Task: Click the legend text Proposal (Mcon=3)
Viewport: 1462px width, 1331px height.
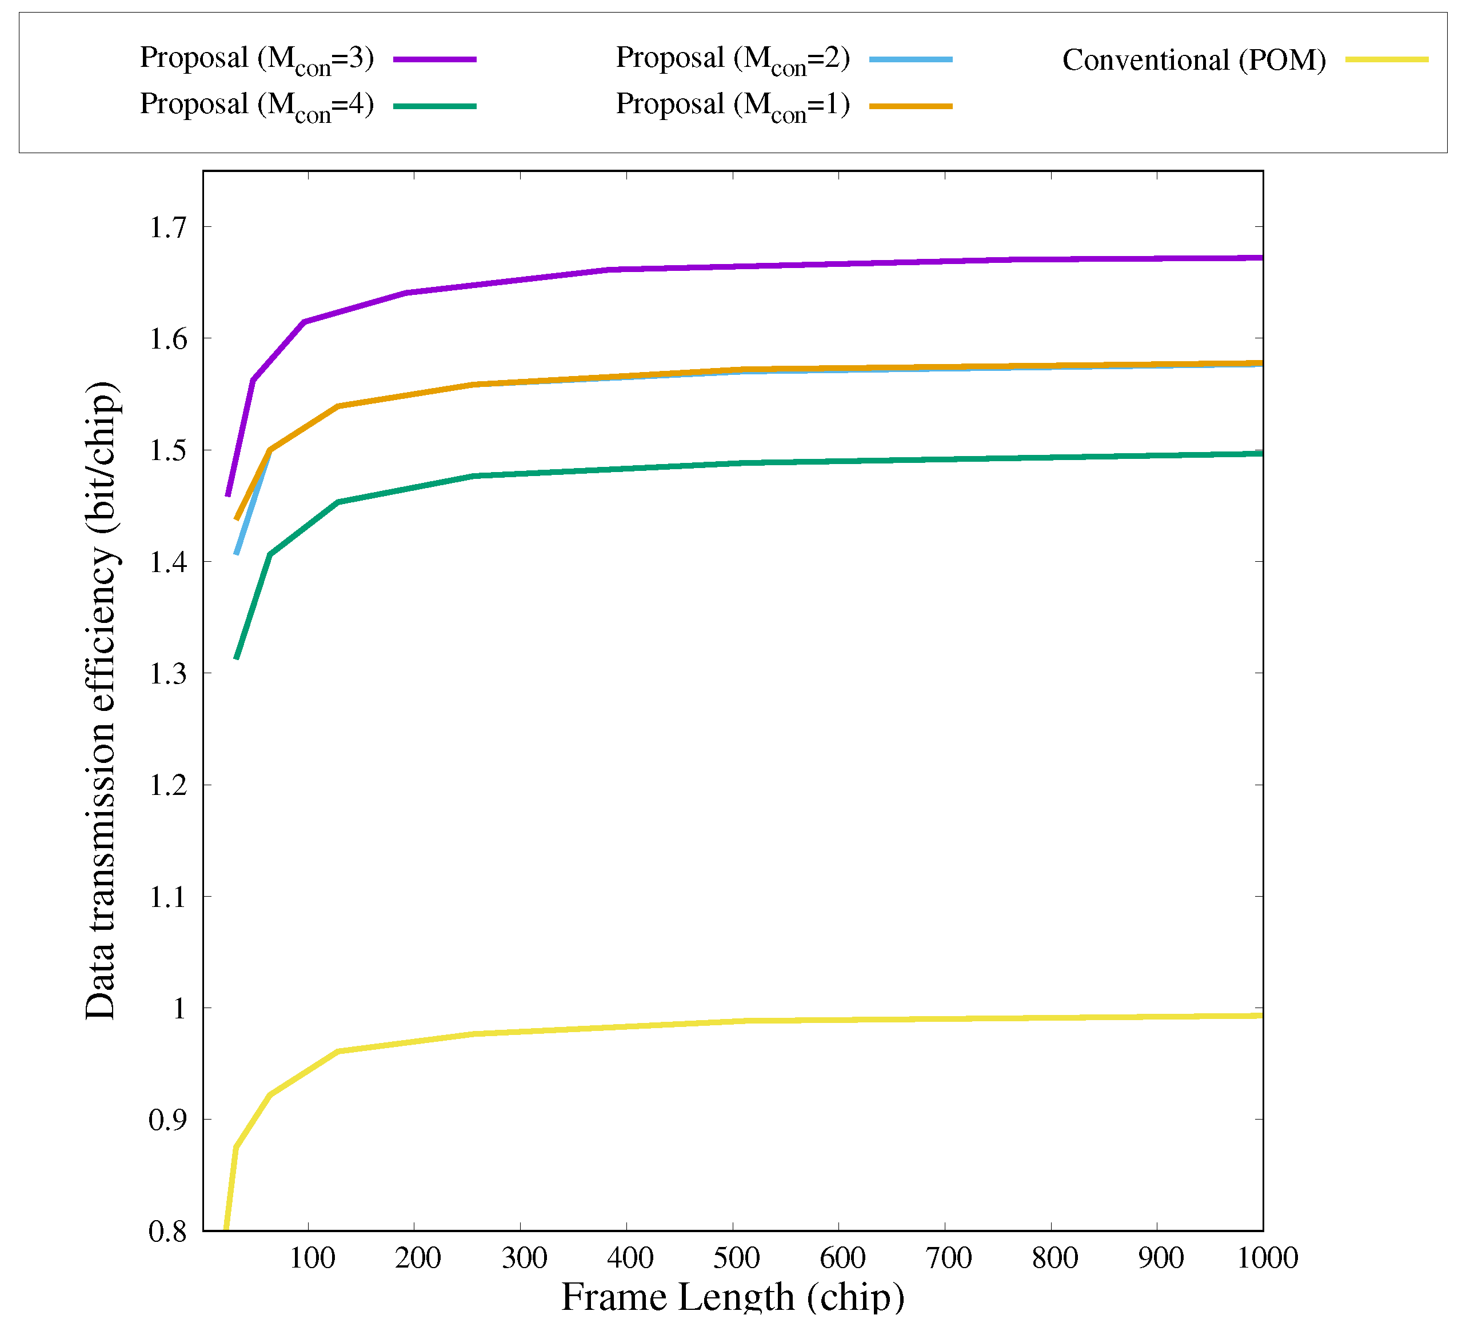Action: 257,59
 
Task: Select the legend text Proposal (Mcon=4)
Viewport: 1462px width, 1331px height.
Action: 257,106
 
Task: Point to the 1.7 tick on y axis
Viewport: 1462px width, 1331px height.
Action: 167,227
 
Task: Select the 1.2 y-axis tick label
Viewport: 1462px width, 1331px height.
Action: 167,785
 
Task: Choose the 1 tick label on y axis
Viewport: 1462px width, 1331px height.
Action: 178,1009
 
